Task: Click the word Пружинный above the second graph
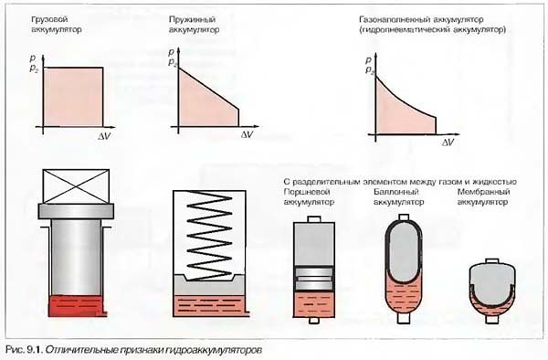click(192, 19)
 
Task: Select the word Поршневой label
click(307, 192)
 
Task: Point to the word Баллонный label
click(396, 192)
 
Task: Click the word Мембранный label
click(484, 192)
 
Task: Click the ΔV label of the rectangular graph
click(104, 136)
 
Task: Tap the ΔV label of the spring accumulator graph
click(247, 134)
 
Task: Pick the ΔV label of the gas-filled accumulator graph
click(448, 143)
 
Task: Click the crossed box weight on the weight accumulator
click(76, 186)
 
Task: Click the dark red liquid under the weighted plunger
click(77, 306)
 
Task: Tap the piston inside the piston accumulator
click(314, 279)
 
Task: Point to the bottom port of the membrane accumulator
click(492, 320)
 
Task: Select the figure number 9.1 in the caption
click(34, 350)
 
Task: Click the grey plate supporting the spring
click(209, 285)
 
